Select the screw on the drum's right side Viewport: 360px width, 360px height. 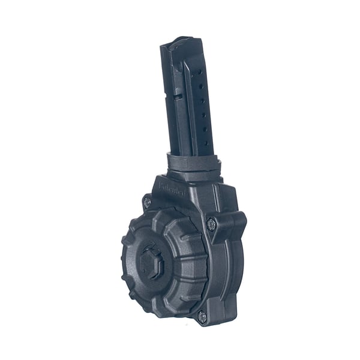(x=211, y=224)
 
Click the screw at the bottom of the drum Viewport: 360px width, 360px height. (x=203, y=317)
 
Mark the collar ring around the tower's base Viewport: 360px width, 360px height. (x=191, y=163)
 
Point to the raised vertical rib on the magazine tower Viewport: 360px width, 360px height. (x=187, y=102)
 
